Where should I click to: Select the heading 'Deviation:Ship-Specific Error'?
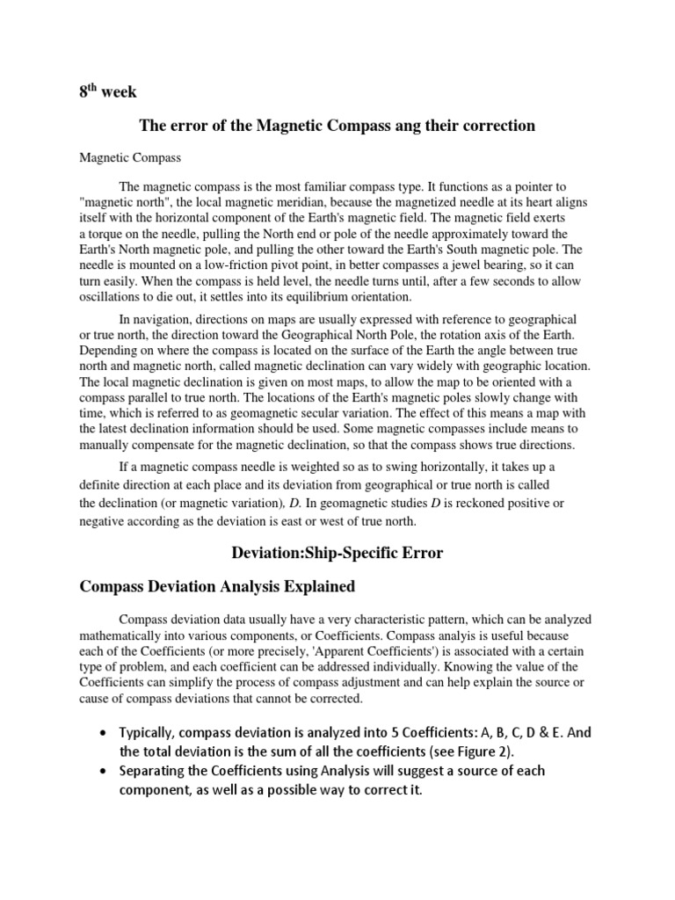tap(337, 553)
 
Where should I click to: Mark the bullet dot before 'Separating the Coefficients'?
tap(105, 771)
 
